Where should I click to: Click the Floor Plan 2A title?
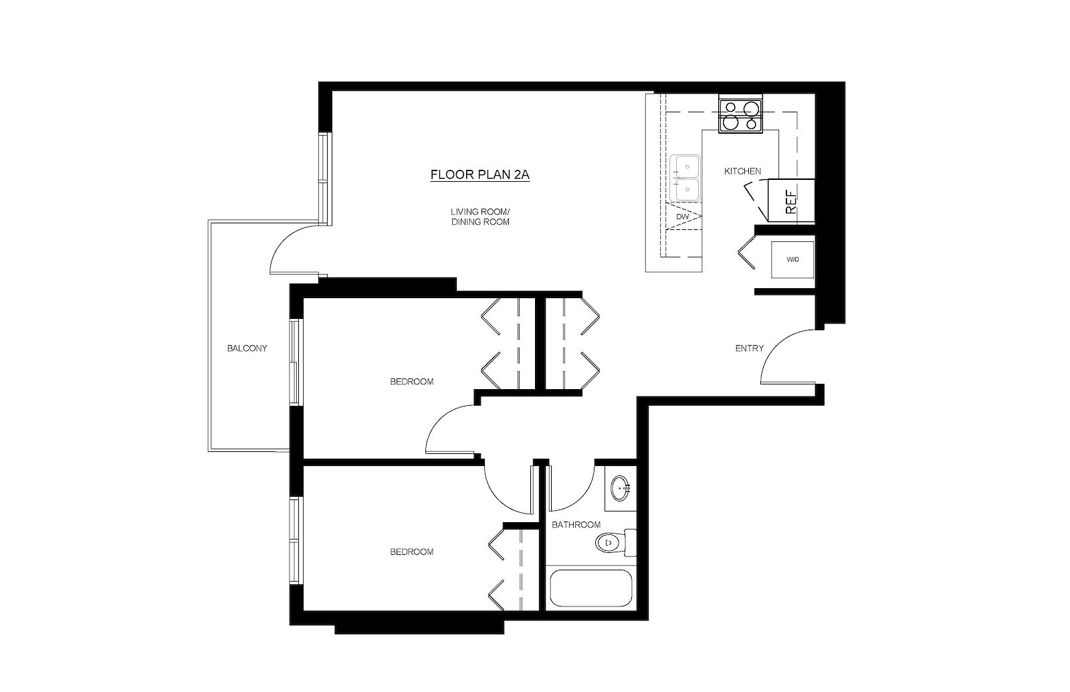(479, 175)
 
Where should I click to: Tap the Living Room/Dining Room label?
(479, 217)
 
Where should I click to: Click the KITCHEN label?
(742, 171)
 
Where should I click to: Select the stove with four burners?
(740, 115)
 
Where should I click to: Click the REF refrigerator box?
(791, 201)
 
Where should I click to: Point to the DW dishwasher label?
(682, 217)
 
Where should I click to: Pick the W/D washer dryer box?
(792, 259)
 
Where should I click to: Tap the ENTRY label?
(749, 348)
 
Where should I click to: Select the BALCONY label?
(247, 348)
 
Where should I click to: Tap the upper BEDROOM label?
(411, 382)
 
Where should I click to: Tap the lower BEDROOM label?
(411, 552)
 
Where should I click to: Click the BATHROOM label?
(576, 525)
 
